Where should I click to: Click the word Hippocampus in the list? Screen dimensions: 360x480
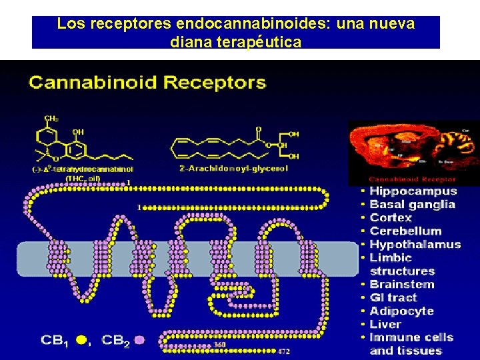click(413, 191)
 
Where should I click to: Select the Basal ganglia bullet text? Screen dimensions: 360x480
click(412, 205)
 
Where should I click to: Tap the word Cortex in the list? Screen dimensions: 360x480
click(391, 218)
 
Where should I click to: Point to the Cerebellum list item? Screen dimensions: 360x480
click(405, 231)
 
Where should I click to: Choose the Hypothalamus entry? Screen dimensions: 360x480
click(415, 245)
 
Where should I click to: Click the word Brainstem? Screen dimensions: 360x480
click(401, 285)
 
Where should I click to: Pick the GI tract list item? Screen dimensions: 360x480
click(393, 298)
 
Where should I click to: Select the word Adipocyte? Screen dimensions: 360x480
click(401, 311)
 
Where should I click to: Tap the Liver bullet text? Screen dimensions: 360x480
click(385, 325)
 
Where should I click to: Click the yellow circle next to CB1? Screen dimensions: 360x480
click(81, 340)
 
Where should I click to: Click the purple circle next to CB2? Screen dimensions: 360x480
click(139, 340)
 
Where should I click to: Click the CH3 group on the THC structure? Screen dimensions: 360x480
click(51, 119)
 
